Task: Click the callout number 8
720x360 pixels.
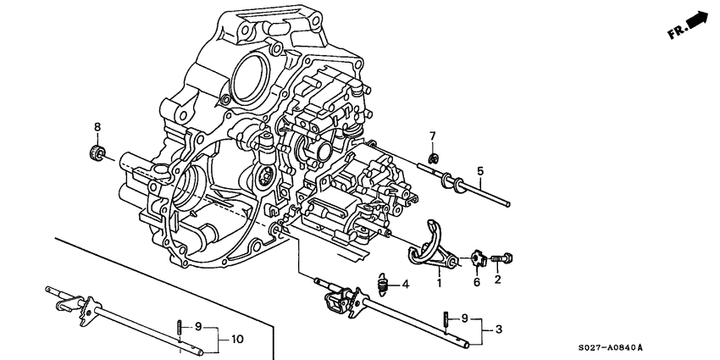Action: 97,127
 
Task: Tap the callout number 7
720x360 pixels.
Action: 432,136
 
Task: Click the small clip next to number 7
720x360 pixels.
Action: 431,158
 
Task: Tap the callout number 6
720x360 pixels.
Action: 477,282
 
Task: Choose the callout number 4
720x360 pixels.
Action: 406,284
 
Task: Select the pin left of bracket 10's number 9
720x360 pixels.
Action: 180,326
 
